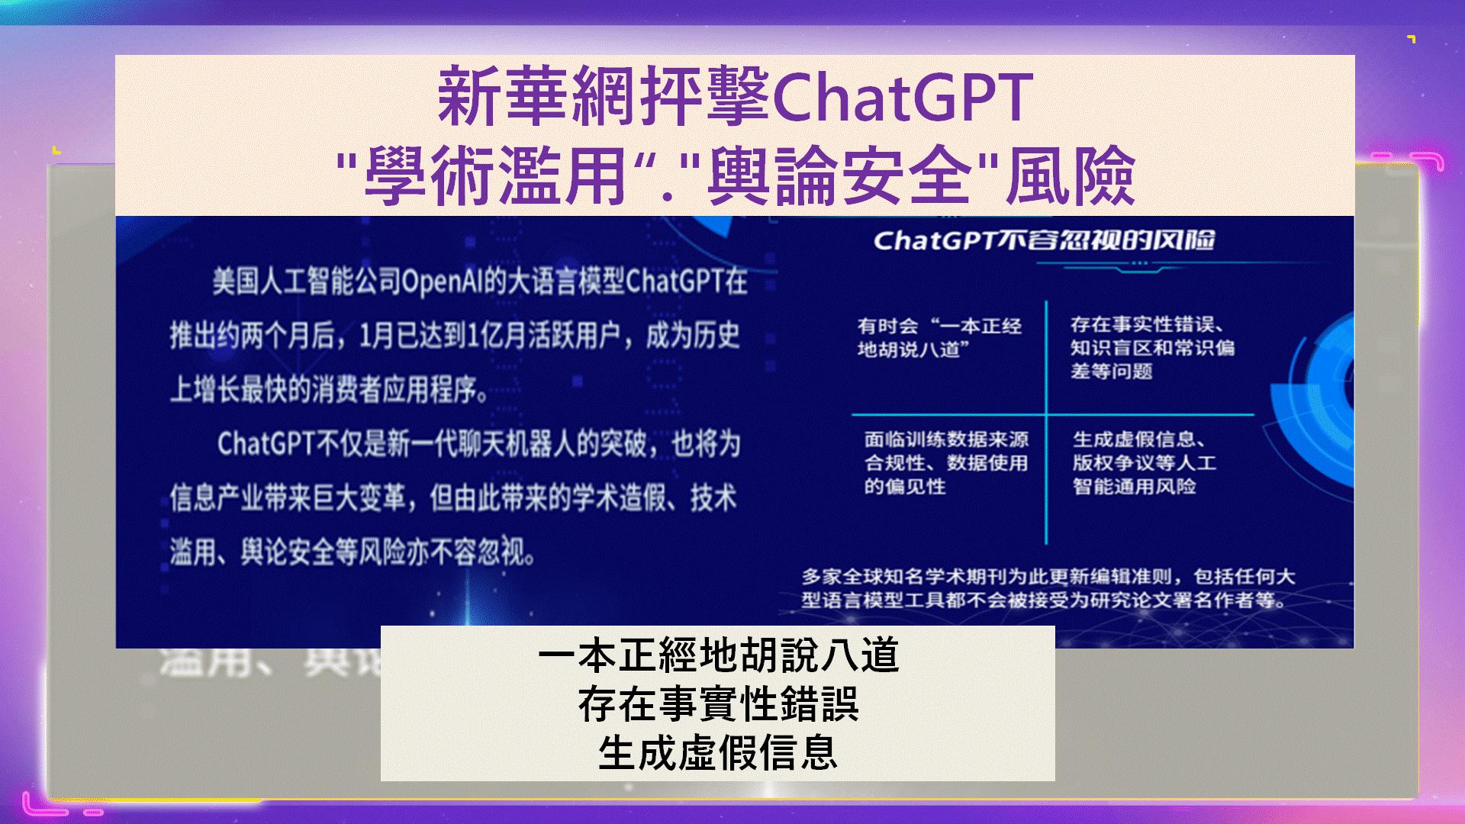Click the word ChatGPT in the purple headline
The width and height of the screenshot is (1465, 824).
(x=902, y=98)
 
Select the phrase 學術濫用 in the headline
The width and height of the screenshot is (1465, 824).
(x=495, y=176)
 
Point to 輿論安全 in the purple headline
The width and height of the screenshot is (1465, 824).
(x=839, y=176)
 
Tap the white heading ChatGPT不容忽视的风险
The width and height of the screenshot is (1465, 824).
(x=1044, y=241)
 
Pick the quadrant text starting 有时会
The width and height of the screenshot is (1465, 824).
(x=939, y=338)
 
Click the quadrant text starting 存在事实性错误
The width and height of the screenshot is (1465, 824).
(x=1152, y=348)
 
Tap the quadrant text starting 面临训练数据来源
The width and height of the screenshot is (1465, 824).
(x=946, y=462)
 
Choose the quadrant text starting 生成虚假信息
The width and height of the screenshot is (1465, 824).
(x=1145, y=462)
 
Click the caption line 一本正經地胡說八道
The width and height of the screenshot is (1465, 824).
(x=718, y=655)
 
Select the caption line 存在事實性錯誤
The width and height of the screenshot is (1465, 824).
(x=718, y=703)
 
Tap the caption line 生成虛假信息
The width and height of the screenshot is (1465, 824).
(x=718, y=752)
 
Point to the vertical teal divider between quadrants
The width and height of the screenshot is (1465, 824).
(x=1046, y=422)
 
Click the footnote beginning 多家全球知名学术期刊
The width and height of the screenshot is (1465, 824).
(x=1048, y=588)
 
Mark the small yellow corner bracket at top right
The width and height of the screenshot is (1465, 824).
(x=1412, y=39)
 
